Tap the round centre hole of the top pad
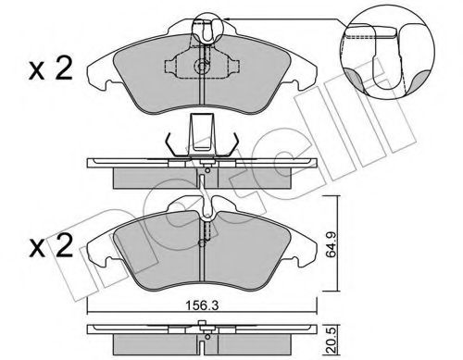pyautogui.click(x=202, y=68)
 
